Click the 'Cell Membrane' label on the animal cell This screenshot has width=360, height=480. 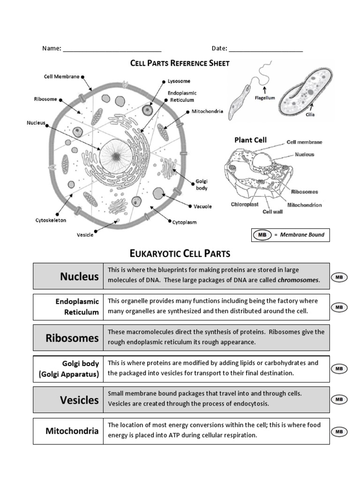coord(61,76)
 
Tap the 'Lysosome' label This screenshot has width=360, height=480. coord(178,81)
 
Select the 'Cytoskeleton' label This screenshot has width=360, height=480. coord(51,220)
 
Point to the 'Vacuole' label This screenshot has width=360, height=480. coord(202,206)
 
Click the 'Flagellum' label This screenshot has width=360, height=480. coord(265,98)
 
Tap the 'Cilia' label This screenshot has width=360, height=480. coord(310,114)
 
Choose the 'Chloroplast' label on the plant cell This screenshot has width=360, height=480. coord(244,204)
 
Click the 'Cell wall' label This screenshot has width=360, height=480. coord(273,211)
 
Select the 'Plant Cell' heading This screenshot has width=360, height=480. coord(250,140)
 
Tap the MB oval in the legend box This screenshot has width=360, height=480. coord(262,235)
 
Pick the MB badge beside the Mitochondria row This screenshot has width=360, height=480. coord(339,431)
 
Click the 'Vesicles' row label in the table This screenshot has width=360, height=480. coord(79,400)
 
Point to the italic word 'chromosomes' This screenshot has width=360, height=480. coord(298,280)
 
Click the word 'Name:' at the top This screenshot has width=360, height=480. coord(52,48)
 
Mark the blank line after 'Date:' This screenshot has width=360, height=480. coord(266,50)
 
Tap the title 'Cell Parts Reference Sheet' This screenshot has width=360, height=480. coord(180,63)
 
